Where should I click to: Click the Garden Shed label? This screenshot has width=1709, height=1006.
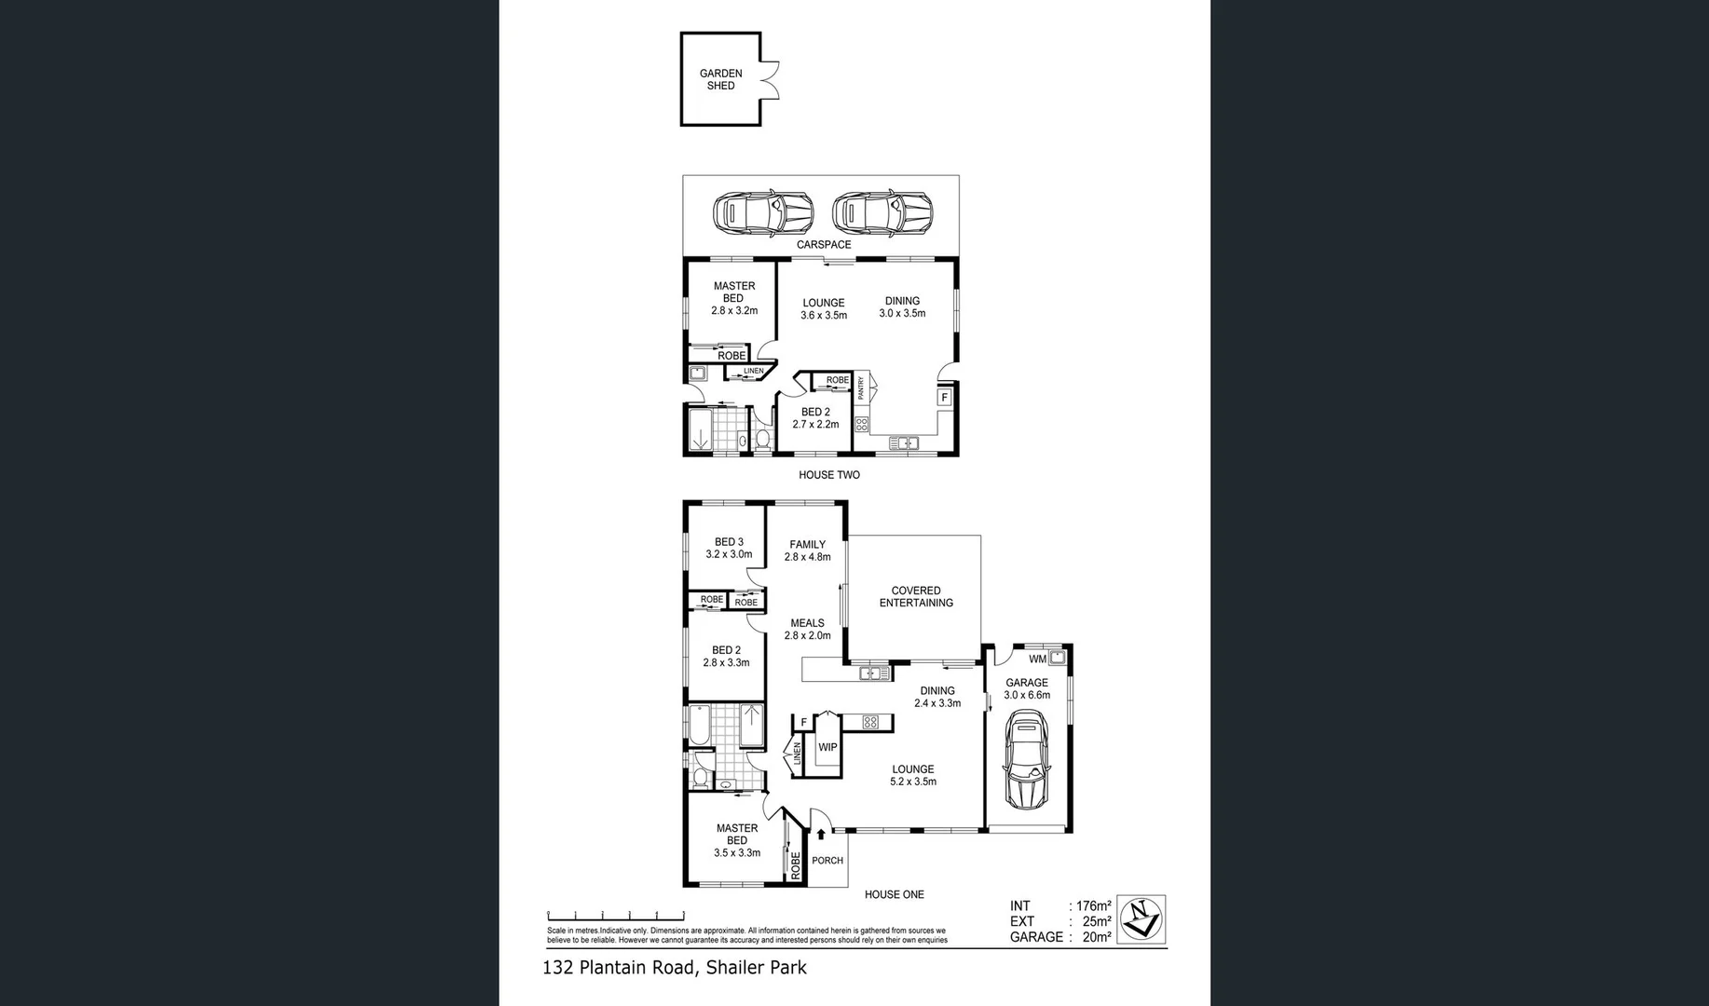(x=720, y=79)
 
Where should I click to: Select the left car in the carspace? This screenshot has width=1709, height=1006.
(x=762, y=213)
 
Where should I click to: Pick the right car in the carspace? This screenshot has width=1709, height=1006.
(x=882, y=213)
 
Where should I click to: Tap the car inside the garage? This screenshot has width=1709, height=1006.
(x=1026, y=760)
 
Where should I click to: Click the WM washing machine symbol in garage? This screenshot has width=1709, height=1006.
(x=1057, y=658)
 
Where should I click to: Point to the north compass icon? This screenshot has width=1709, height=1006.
(x=1141, y=919)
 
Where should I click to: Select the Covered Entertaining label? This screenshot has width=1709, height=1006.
(x=915, y=596)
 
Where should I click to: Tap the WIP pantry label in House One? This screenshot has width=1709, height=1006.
(x=827, y=747)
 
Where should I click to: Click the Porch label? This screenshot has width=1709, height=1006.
(x=827, y=861)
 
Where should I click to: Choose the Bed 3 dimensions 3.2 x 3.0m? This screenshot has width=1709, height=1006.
(x=729, y=554)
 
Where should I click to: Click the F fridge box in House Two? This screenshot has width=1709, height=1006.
(x=944, y=398)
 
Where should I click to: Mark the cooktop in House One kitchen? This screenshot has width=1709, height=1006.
(x=870, y=722)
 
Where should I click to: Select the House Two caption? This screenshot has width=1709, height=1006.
(x=828, y=475)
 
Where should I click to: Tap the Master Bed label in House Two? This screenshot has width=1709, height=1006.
(x=733, y=292)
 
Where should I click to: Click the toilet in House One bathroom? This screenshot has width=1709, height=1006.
(x=701, y=778)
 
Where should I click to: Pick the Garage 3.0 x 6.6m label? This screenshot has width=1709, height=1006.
(x=1026, y=688)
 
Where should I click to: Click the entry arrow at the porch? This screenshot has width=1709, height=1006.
(x=821, y=835)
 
